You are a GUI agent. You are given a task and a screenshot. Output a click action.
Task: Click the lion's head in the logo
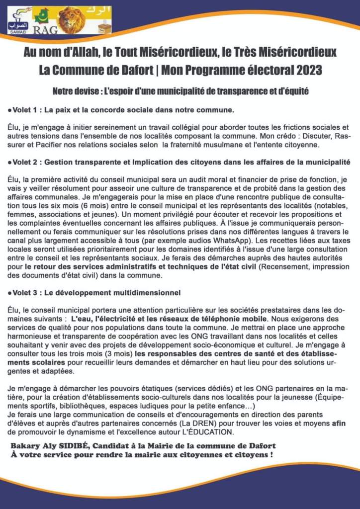coord(72,19)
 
